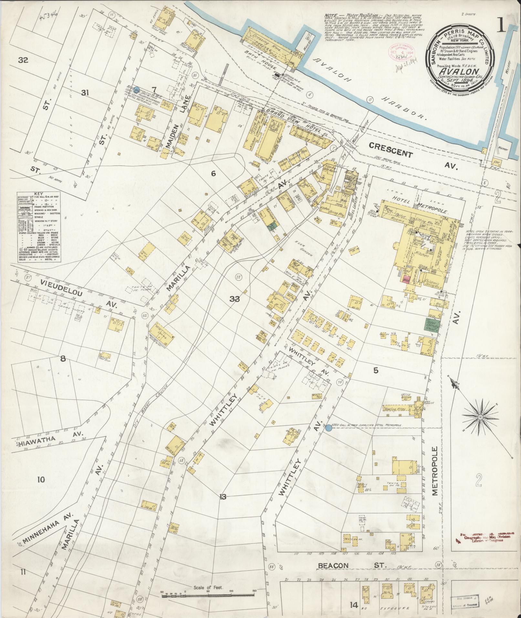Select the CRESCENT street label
click(391, 150)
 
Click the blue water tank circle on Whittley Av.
click(328, 428)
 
